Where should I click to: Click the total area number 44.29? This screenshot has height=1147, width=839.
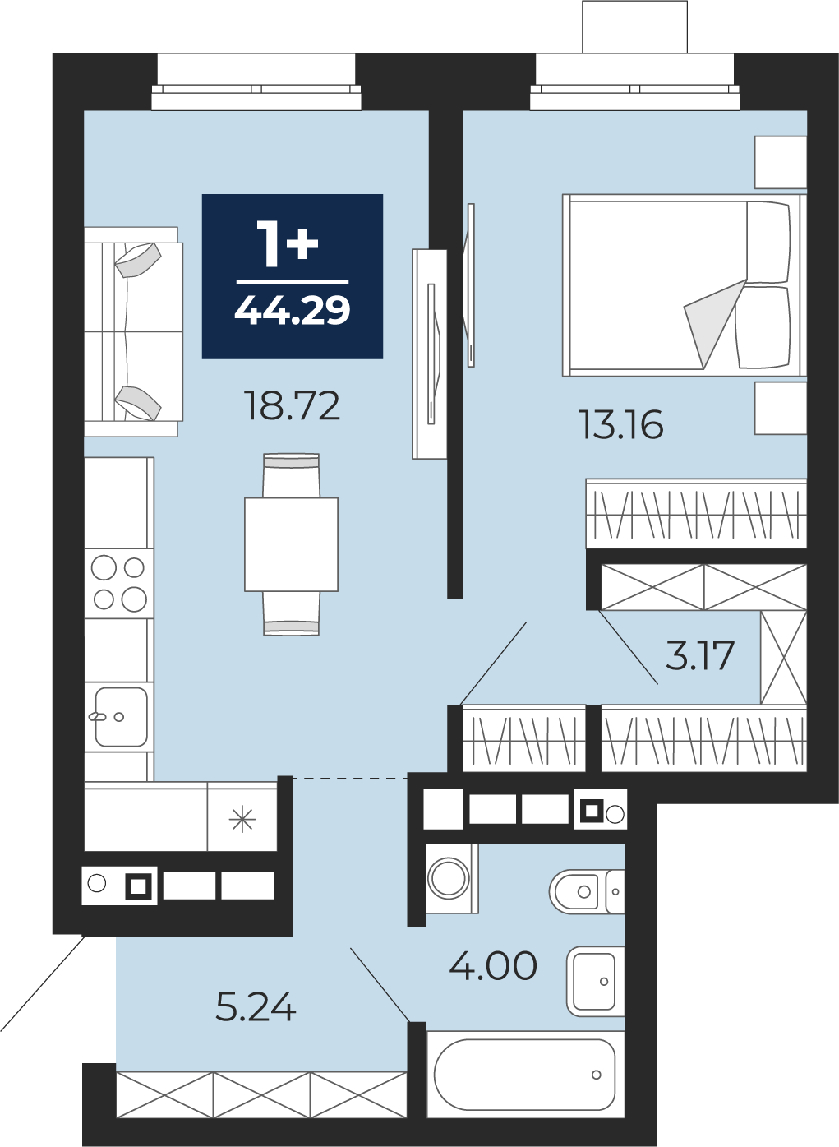[x=293, y=310]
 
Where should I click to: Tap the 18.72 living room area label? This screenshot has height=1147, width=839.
[x=293, y=405]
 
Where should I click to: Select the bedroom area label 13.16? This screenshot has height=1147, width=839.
[x=620, y=424]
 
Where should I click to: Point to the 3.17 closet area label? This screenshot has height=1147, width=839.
[x=700, y=656]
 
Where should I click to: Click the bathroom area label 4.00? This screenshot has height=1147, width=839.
[x=493, y=966]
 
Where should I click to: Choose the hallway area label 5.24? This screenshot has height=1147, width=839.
[x=256, y=1006]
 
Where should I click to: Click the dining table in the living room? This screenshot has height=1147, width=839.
[x=291, y=544]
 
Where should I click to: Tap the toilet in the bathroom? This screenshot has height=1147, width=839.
[x=587, y=891]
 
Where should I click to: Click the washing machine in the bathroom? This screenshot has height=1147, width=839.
[x=452, y=879]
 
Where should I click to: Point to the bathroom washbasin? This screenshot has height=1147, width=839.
[x=595, y=982]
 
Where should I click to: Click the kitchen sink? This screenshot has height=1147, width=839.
[x=119, y=717]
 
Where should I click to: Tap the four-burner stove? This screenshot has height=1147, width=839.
[x=119, y=583]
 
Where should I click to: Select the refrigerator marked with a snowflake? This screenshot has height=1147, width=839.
[x=242, y=816]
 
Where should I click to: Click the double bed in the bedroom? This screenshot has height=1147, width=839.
[x=685, y=285]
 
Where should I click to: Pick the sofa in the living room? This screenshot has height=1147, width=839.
[x=134, y=332]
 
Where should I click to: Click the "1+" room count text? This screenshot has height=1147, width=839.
[x=287, y=244]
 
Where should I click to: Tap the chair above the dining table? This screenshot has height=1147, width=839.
[x=291, y=475]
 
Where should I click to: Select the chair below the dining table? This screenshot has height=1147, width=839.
[x=291, y=613]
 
